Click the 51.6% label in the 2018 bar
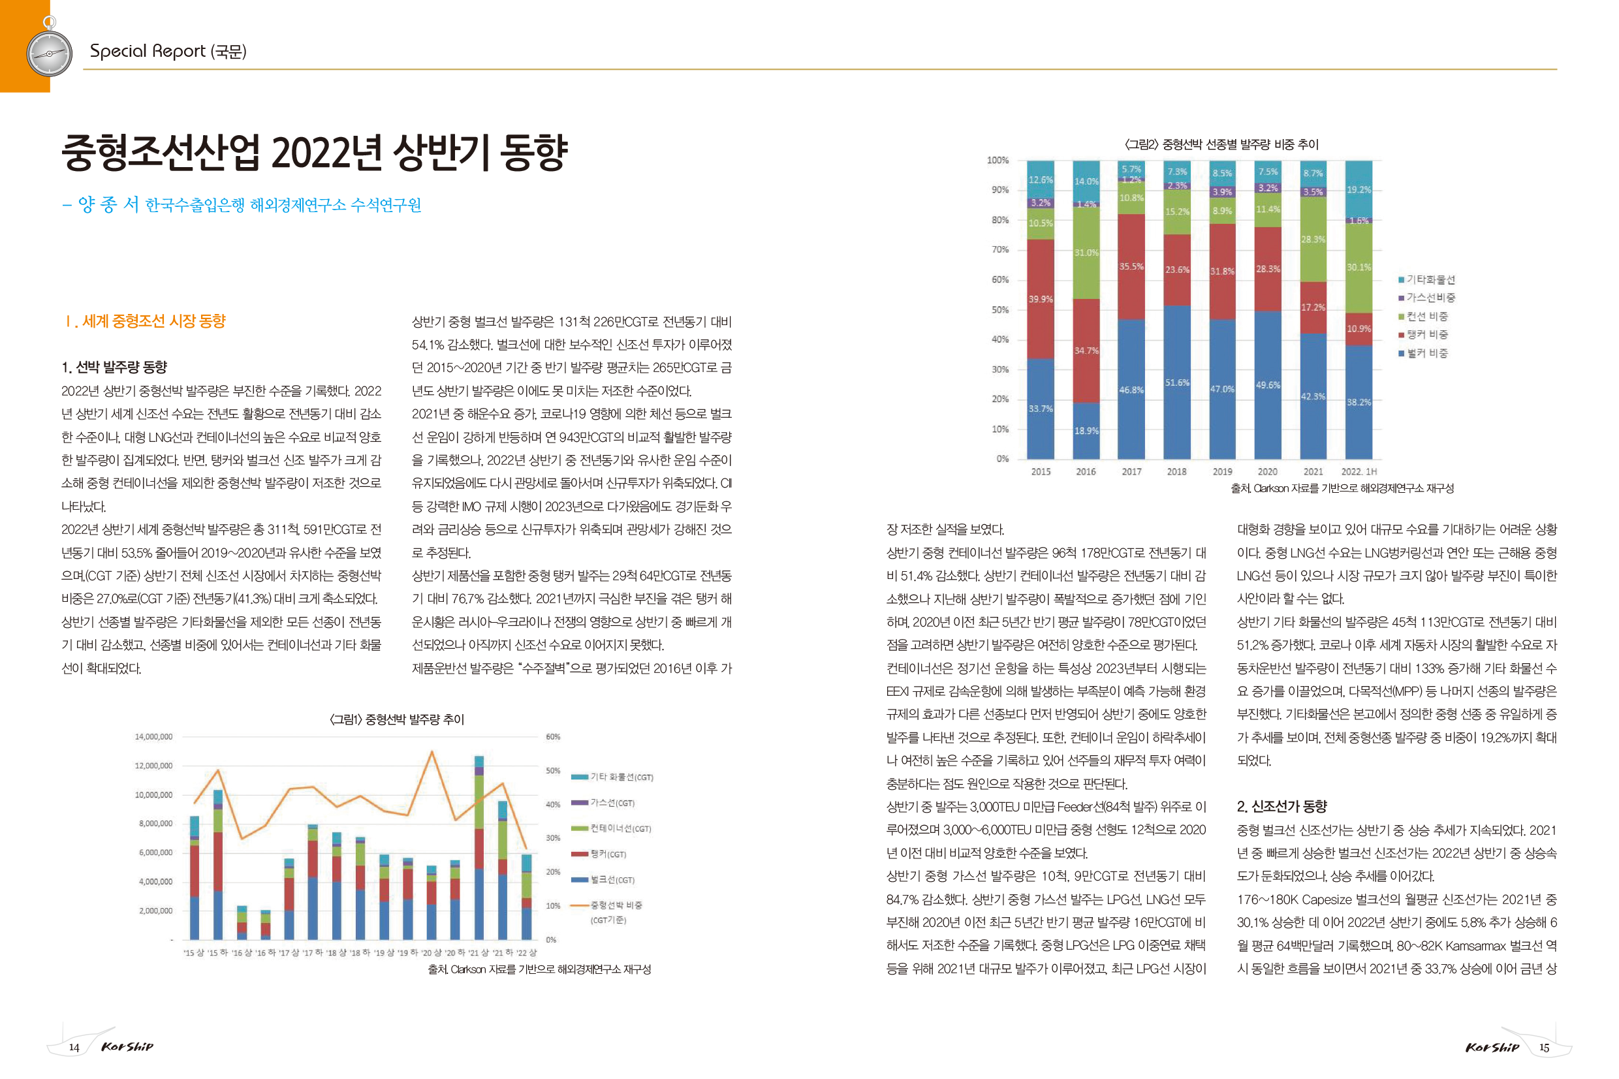tap(1176, 383)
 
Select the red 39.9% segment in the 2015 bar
tap(1040, 299)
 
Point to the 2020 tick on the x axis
tap(1266, 471)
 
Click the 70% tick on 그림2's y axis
tap(999, 250)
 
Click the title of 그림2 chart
tap(1221, 144)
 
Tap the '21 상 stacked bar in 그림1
tap(479, 847)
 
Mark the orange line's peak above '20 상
tap(432, 751)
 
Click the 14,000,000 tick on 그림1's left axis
tap(153, 736)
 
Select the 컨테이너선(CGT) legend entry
tap(611, 828)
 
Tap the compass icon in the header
tap(49, 52)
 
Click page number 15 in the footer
tap(1544, 1048)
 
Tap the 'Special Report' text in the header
tap(148, 51)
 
